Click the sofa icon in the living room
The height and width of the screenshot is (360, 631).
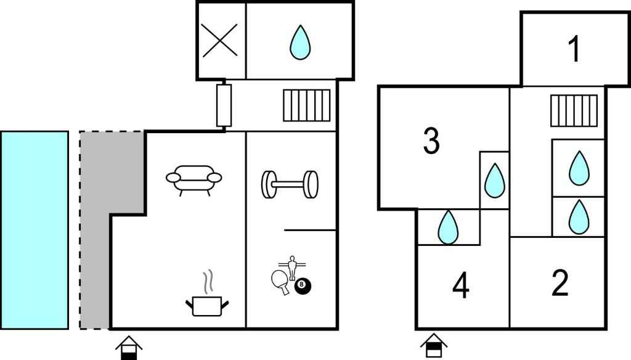tap(193, 179)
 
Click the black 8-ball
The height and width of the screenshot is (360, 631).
tap(303, 286)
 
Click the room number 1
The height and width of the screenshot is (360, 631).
tap(574, 49)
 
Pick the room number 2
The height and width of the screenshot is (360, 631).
tap(560, 283)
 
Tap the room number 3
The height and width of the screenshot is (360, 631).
tap(431, 141)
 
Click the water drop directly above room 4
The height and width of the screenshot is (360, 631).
tap(448, 227)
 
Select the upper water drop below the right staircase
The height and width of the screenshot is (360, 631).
tap(578, 168)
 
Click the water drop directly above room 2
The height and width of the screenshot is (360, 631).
tap(578, 216)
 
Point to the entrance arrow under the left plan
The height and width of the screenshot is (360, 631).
tap(128, 347)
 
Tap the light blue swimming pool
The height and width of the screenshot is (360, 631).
tap(34, 229)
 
